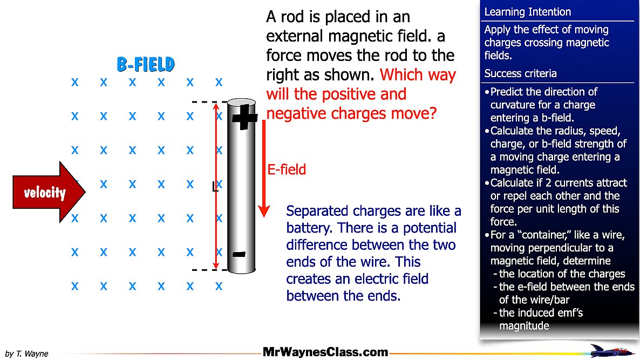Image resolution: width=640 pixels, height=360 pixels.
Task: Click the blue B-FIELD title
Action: tap(146, 64)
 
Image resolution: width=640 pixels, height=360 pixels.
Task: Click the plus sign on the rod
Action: tap(244, 117)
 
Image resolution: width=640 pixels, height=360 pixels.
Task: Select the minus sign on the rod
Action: tap(240, 254)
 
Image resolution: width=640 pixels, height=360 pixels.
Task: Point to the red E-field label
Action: tap(287, 170)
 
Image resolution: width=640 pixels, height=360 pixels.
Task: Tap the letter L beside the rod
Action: tap(215, 187)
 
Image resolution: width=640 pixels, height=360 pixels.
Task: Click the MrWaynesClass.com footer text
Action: tap(325, 352)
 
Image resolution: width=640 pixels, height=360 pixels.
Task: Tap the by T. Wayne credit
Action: tap(27, 354)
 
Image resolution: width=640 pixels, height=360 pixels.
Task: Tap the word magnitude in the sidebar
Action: tap(524, 325)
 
